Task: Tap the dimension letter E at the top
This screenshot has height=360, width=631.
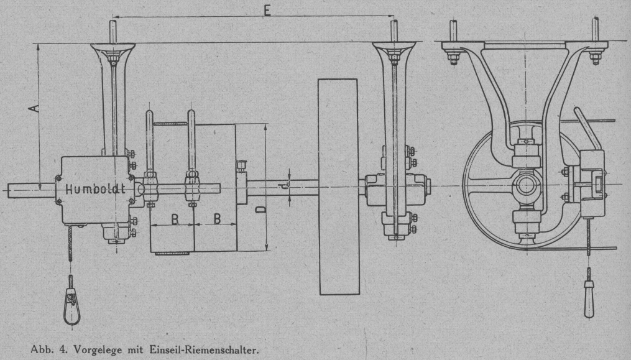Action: click(x=267, y=11)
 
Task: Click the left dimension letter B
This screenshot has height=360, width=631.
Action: click(x=175, y=219)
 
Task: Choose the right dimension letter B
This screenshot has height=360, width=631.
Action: click(x=217, y=219)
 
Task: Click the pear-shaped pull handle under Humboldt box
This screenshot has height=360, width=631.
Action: click(x=72, y=307)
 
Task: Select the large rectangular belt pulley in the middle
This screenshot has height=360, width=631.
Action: click(x=339, y=187)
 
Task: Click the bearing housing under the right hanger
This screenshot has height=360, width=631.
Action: click(x=395, y=190)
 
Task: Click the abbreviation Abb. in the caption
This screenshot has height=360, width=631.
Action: click(x=40, y=349)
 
